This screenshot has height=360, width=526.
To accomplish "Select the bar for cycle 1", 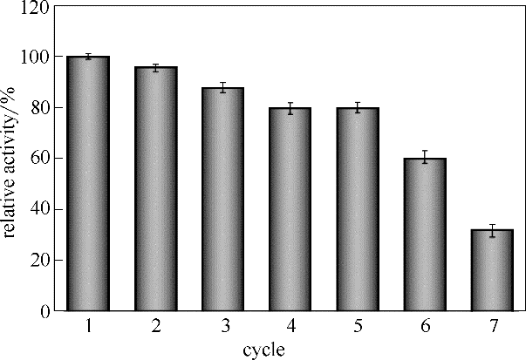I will pyautogui.click(x=87, y=183).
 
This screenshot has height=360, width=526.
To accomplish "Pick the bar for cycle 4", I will pyautogui.click(x=290, y=209).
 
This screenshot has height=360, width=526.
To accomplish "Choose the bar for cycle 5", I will pyautogui.click(x=358, y=209).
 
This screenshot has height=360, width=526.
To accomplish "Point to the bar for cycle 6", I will pyautogui.click(x=426, y=234).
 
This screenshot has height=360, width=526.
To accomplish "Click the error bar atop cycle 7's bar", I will pyautogui.click(x=493, y=231).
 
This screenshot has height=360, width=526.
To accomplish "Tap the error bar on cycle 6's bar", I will pyautogui.click(x=426, y=157).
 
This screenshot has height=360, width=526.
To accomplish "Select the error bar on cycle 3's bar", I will pyautogui.click(x=222, y=87).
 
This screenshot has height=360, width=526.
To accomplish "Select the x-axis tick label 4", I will pyautogui.click(x=290, y=326).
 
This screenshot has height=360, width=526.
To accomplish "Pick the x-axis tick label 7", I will pyautogui.click(x=493, y=326).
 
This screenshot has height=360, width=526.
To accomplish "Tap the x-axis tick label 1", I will pyautogui.click(x=87, y=326).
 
